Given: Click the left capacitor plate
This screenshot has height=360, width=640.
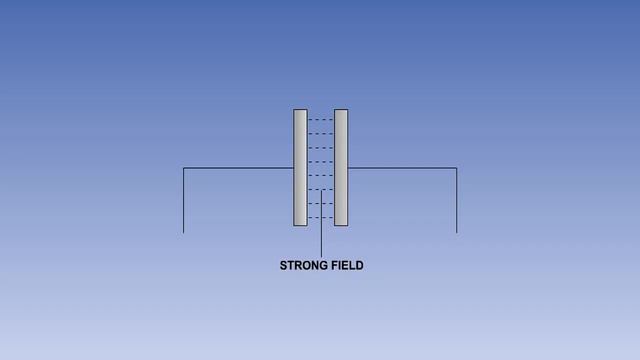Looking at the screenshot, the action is click(300, 167).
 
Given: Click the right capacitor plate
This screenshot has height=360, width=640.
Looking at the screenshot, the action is click(341, 167).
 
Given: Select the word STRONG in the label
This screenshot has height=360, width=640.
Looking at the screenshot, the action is click(301, 266).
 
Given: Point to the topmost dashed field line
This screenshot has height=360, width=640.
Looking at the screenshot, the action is click(320, 120).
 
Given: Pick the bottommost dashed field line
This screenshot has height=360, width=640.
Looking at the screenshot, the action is click(320, 217).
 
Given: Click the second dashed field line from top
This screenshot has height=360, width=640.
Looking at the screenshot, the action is click(320, 134).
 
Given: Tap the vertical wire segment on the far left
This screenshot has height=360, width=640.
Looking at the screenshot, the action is click(184, 200).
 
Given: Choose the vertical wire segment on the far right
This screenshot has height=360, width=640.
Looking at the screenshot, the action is click(457, 200).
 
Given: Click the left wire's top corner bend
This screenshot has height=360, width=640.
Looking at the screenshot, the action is click(184, 168).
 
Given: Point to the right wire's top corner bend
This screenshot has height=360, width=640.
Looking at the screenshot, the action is click(457, 168).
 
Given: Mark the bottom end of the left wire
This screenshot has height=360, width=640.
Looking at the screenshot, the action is click(184, 232).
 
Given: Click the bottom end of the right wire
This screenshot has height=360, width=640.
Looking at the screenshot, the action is click(457, 232).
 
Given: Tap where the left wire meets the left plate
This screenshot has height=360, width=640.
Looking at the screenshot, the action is click(293, 168).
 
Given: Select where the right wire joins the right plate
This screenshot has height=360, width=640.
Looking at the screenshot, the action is click(348, 168).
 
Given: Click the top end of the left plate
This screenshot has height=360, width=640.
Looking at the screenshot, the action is click(300, 111).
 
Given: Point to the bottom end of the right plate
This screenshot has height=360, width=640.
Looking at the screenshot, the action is click(341, 224).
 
